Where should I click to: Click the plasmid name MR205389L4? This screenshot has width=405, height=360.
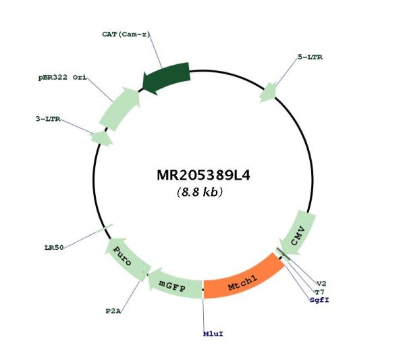click(x=203, y=176)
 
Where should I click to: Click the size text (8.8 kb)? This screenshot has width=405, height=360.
click(x=199, y=192)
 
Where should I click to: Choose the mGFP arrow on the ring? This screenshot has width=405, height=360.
click(x=174, y=284)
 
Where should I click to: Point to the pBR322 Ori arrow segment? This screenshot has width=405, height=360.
click(x=120, y=109)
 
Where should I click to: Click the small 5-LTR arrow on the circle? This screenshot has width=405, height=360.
click(x=269, y=93)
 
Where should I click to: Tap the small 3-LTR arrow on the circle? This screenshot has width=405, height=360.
click(x=102, y=138)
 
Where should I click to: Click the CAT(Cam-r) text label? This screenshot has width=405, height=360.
click(x=126, y=34)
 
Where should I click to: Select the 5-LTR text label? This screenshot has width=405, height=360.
click(x=310, y=57)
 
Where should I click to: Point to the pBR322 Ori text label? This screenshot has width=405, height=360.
click(x=62, y=77)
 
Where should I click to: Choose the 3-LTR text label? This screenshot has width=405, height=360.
click(x=48, y=119)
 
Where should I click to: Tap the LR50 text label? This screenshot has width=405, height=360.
click(x=54, y=248)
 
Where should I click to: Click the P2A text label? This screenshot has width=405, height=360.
click(x=113, y=311)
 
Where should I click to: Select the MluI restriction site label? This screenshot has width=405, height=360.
click(x=213, y=334)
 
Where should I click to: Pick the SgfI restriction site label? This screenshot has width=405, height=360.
click(x=319, y=300)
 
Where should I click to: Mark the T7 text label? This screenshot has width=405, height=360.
click(x=319, y=292)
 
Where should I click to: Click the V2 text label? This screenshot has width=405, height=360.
click(x=321, y=284)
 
